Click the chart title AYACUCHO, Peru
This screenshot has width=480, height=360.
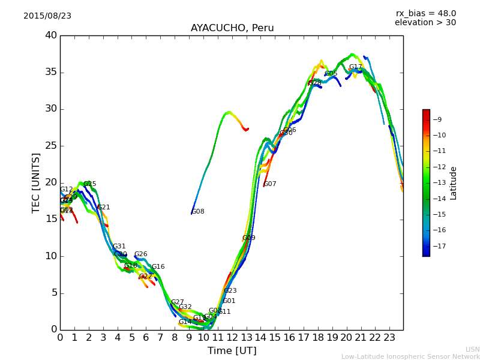(x=232, y=28)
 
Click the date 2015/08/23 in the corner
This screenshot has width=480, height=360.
(x=47, y=16)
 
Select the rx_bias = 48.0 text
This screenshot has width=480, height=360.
(x=425, y=13)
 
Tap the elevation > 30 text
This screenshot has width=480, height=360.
(x=425, y=23)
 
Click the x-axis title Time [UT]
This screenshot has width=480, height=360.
(x=232, y=351)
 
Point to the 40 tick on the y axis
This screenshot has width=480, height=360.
(x=50, y=35)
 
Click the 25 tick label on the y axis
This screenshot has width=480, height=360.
(x=50, y=146)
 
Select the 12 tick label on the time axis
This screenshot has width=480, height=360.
(x=232, y=337)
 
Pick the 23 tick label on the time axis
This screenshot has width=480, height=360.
(x=389, y=337)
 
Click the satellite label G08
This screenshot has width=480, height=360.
(x=198, y=212)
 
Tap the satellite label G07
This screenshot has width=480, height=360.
(x=270, y=184)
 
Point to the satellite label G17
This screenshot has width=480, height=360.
(x=356, y=67)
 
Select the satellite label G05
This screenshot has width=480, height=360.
(x=331, y=74)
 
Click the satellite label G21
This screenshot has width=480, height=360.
(x=104, y=208)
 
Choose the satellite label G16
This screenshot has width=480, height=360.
(x=158, y=267)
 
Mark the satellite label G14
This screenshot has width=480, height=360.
(x=185, y=322)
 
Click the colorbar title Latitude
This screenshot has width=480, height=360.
(x=454, y=183)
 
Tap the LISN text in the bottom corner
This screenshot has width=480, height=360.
(x=472, y=349)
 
